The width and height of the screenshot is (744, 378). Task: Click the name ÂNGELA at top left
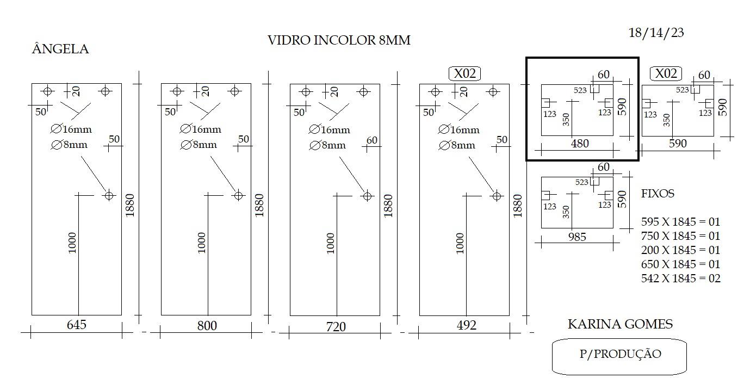tap(60, 49)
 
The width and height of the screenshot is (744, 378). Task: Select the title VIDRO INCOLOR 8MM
tap(339, 40)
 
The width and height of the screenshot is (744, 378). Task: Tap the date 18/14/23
tap(656, 33)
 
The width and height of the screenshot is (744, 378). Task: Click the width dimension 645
tap(76, 325)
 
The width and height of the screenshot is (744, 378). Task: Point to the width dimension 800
tap(207, 326)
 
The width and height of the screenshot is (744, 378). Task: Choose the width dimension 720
tap(336, 327)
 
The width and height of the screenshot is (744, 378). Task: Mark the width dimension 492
tap(466, 325)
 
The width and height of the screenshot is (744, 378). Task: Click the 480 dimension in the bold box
tap(580, 144)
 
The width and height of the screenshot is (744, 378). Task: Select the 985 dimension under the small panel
tap(577, 237)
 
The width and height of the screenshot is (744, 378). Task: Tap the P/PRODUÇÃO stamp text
tap(621, 354)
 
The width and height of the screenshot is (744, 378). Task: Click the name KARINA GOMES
tap(620, 324)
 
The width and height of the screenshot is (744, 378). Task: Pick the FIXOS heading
tap(658, 194)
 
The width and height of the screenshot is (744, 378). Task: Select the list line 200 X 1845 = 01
tap(680, 250)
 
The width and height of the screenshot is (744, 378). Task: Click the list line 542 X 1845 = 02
tap(680, 278)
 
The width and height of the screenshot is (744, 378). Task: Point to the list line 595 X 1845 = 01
tap(680, 222)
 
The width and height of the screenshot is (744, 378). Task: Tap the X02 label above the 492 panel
tap(464, 73)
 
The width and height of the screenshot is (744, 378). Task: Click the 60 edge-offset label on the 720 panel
tap(371, 140)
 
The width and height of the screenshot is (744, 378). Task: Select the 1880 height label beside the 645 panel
tap(129, 205)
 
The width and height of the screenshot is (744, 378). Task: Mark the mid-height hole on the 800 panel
tap(238, 196)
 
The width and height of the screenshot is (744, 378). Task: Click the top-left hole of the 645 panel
tap(47, 91)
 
